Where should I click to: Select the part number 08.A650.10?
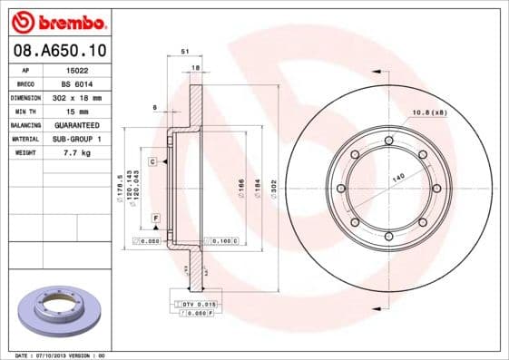pos(57,52)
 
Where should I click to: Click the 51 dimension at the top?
pos(185,53)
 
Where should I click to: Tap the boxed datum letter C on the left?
pos(153,161)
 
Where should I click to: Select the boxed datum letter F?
pos(156,219)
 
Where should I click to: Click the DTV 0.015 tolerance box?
pos(196,304)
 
